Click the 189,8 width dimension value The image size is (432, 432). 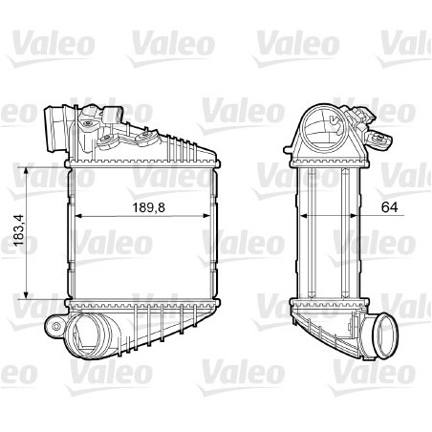tap(149, 207)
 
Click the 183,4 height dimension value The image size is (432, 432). tap(19, 229)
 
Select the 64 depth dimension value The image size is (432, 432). tap(390, 207)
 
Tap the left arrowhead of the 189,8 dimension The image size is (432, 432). tap(78, 216)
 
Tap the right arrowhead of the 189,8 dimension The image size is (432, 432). tap(206, 216)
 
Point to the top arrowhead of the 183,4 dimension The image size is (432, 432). tap(26, 171)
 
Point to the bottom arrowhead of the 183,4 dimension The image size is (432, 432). tap(26, 294)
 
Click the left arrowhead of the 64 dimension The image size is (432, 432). tap(304, 216)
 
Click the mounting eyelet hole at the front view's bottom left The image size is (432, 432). tap(56, 326)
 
